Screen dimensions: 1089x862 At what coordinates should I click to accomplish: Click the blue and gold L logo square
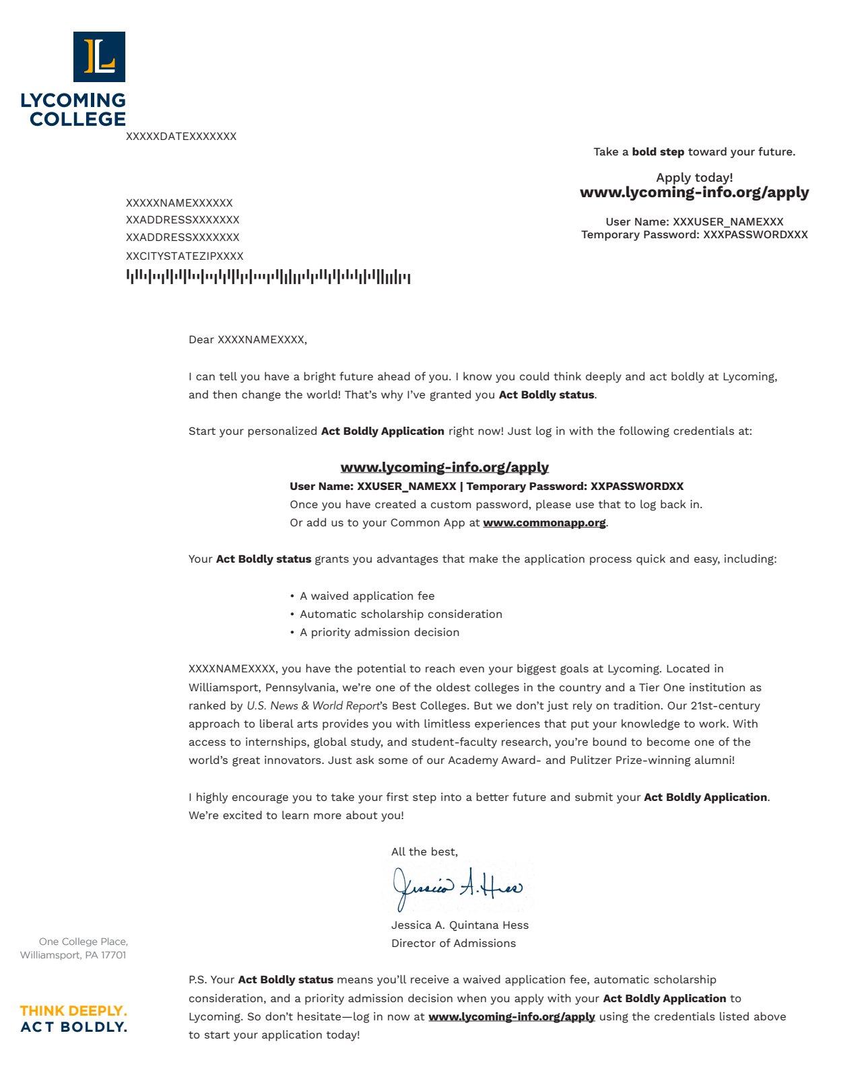click(x=99, y=57)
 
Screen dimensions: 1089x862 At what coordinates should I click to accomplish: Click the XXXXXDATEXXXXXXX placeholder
click(x=181, y=137)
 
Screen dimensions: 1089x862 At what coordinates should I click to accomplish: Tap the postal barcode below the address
click(x=268, y=277)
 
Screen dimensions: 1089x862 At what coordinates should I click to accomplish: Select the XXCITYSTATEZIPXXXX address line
click(x=185, y=256)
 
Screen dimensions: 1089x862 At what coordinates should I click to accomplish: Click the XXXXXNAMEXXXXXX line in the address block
click(x=179, y=203)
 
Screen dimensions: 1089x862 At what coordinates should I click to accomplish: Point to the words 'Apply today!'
click(x=694, y=178)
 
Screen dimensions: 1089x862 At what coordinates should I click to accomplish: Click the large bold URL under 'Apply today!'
click(x=694, y=193)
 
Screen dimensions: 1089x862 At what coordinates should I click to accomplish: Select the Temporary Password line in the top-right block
click(x=694, y=235)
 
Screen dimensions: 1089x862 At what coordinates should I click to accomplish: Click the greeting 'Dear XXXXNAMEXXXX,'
click(x=248, y=340)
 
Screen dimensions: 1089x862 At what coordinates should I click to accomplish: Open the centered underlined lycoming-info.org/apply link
click(x=444, y=467)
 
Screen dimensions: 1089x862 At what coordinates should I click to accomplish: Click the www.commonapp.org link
click(x=544, y=523)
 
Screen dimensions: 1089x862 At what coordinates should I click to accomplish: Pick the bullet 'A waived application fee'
click(x=367, y=596)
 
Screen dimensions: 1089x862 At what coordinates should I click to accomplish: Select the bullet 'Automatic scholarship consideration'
click(x=401, y=614)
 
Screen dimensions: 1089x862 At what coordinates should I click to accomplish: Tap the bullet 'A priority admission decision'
click(x=379, y=633)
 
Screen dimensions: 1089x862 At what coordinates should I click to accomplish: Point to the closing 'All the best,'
click(x=424, y=852)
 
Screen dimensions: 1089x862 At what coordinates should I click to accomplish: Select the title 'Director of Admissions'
click(x=453, y=944)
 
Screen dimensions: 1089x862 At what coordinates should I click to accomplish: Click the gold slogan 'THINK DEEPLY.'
click(x=73, y=1011)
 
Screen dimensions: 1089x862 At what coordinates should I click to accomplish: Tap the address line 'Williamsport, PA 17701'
click(x=73, y=955)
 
